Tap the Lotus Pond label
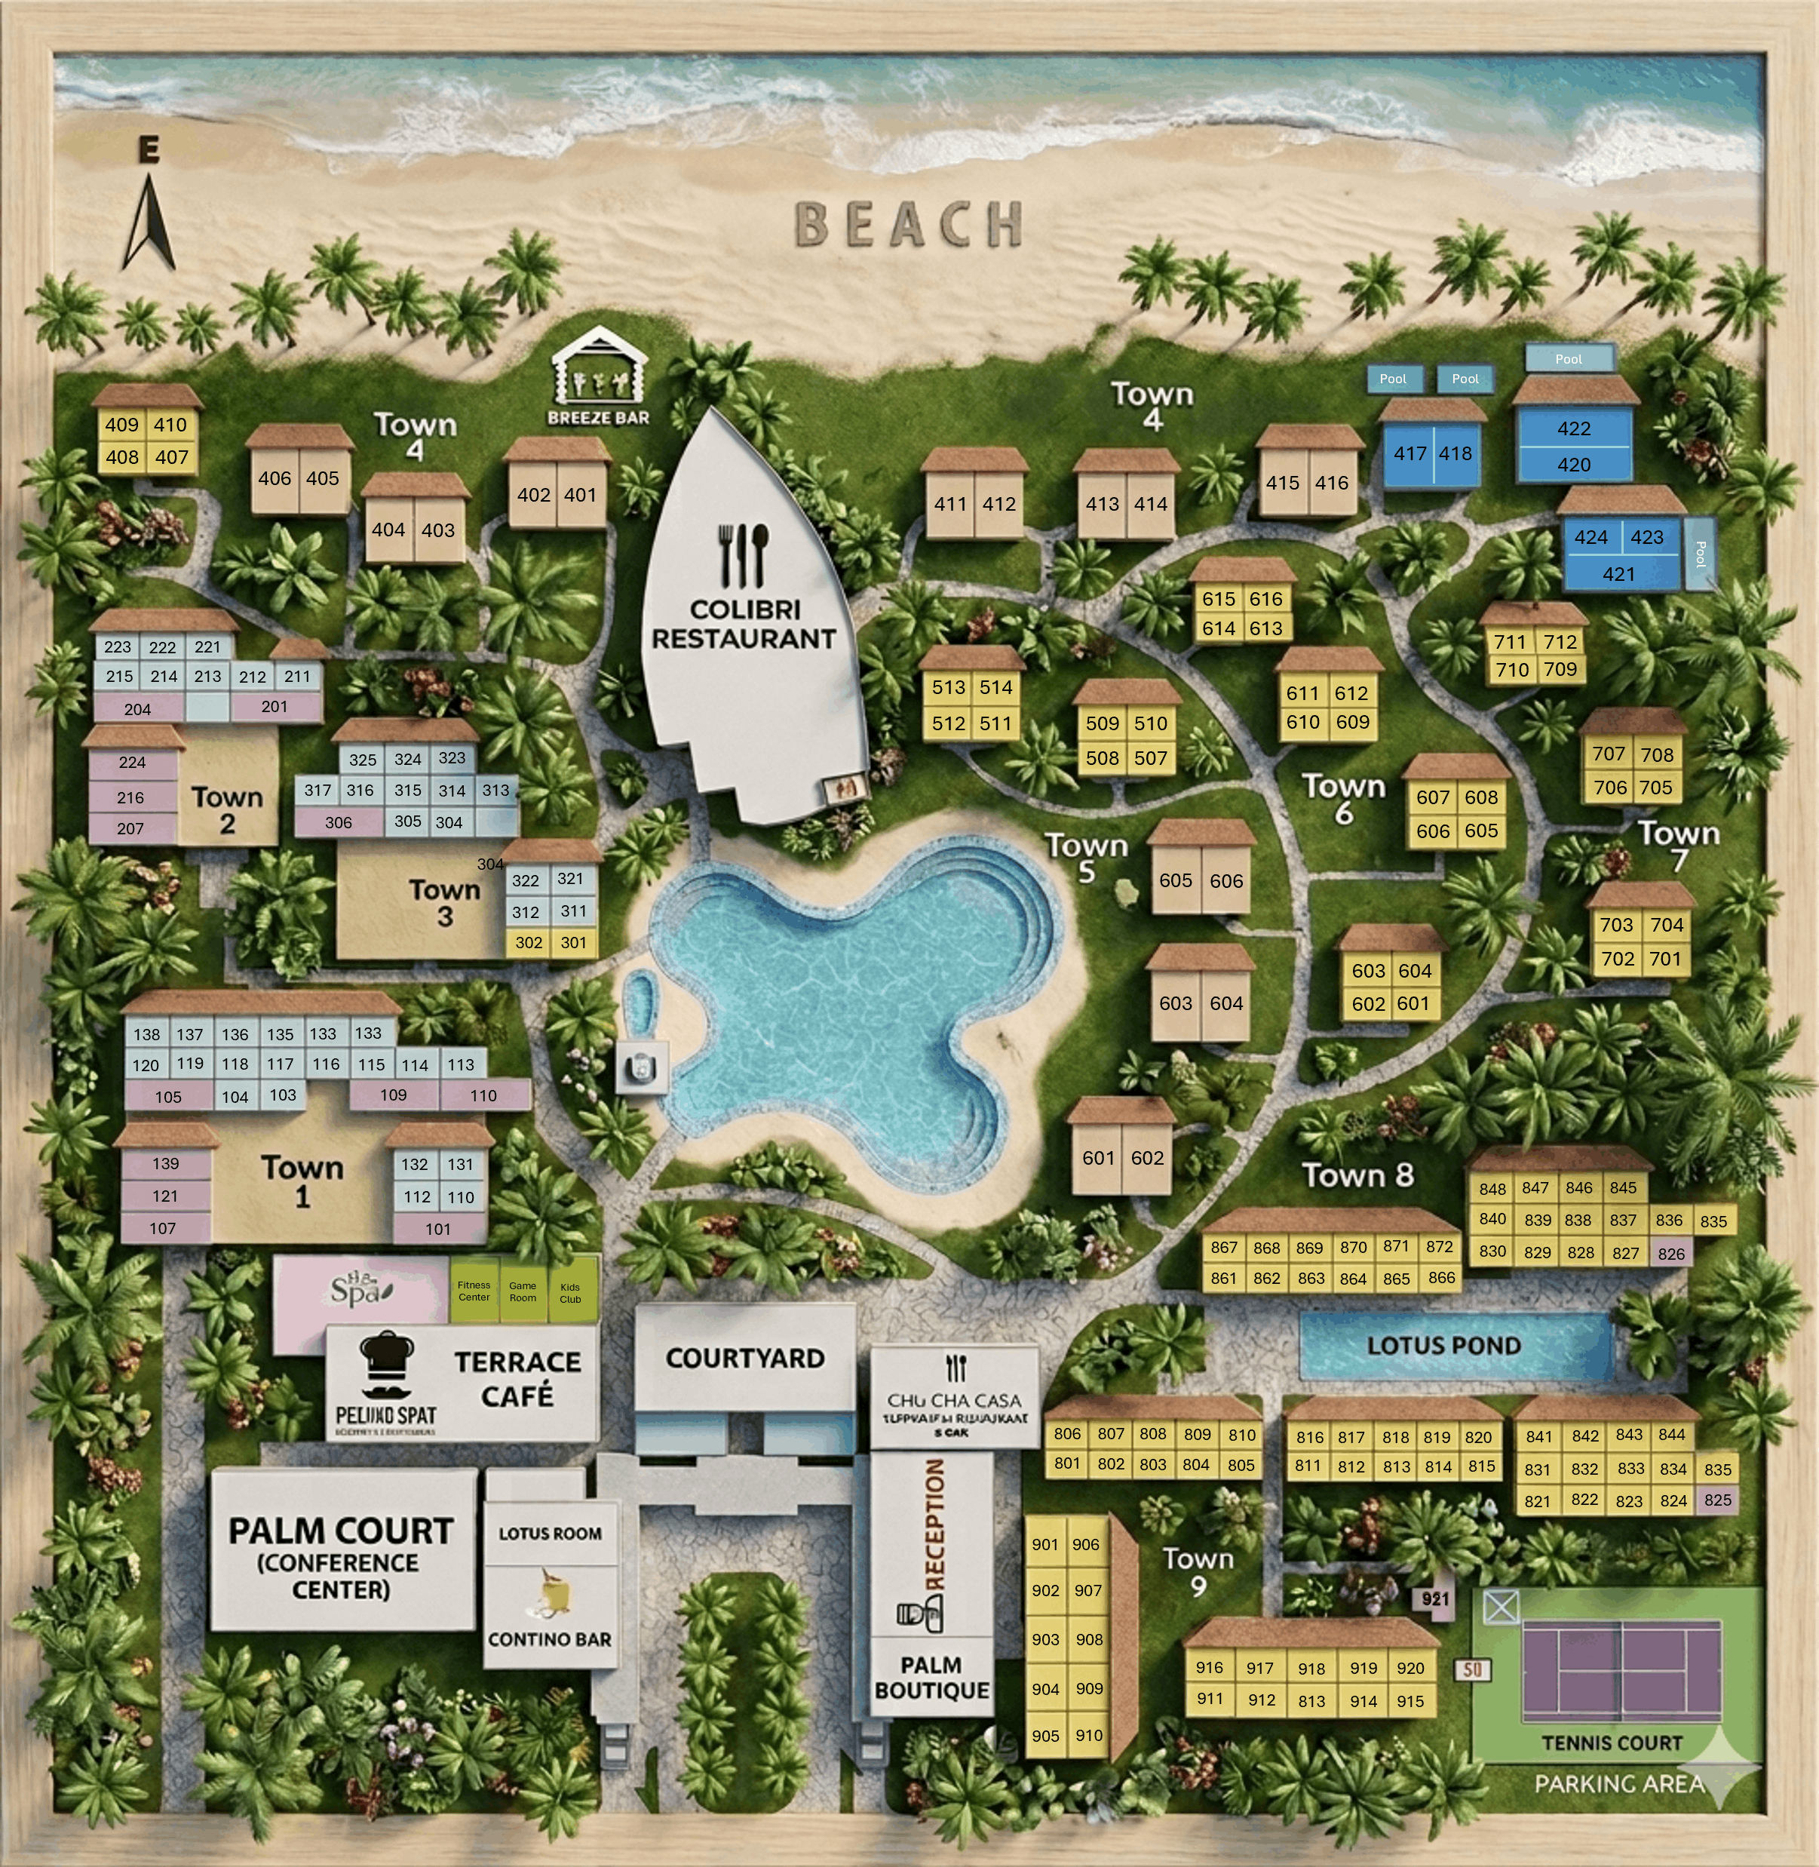point(1443,1345)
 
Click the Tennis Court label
point(1612,1743)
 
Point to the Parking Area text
point(1619,1784)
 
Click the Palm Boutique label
point(931,1678)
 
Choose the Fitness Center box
point(474,1291)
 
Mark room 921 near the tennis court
point(1435,1599)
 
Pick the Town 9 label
point(1198,1572)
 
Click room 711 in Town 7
point(1511,642)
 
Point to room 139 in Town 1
point(165,1164)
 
